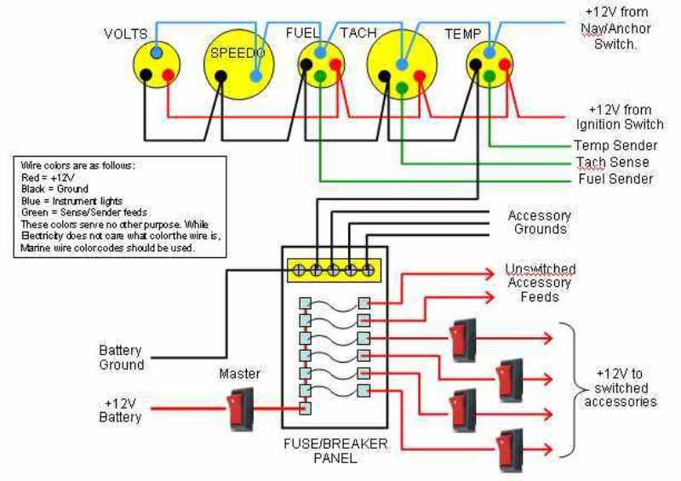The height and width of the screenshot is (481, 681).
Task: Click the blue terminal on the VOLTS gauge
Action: [x=157, y=54]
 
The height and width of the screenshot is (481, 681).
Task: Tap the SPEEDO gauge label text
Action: [x=237, y=53]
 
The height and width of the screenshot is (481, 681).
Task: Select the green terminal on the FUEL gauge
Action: [x=320, y=77]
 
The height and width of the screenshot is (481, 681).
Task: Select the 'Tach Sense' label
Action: [x=611, y=162]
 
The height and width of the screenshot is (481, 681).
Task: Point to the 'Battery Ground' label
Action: [x=120, y=358]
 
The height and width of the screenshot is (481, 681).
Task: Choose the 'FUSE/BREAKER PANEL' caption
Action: [x=335, y=451]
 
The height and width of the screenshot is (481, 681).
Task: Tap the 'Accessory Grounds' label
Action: [x=540, y=223]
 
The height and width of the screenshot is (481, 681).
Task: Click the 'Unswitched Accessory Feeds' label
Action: [x=540, y=283]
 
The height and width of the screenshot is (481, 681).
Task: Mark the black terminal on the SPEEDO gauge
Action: [x=221, y=76]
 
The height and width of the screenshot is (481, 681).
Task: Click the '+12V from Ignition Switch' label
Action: [x=620, y=117]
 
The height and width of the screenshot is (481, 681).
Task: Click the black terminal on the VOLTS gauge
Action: [x=146, y=74]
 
